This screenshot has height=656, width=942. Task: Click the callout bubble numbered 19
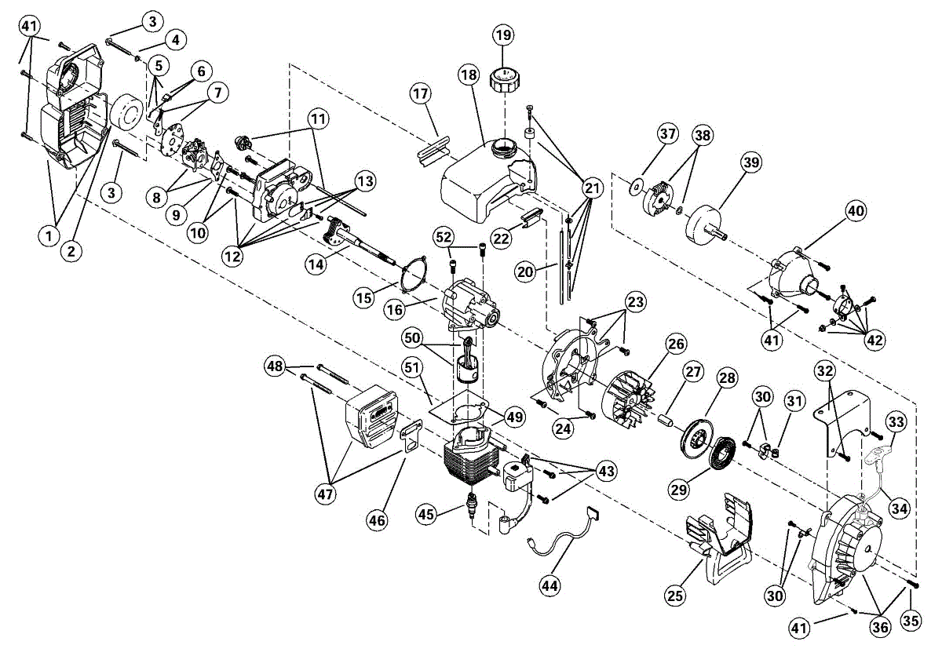pos(502,36)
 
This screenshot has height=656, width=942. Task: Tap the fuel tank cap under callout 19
pos(502,80)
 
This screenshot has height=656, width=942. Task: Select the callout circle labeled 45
pos(425,514)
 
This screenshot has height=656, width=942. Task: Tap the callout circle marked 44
pos(552,583)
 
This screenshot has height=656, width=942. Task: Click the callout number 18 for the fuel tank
pos(469,75)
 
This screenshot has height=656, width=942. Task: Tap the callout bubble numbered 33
pos(896,423)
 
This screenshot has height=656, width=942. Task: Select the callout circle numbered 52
pos(444,236)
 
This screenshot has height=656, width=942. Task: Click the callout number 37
pos(667,134)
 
